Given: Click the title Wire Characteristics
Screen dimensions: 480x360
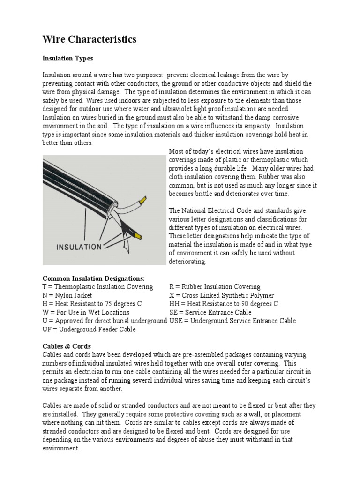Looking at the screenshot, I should (90, 39).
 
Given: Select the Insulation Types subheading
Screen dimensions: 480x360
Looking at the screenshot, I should (68, 59).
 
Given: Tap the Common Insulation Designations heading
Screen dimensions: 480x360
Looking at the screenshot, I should (94, 278).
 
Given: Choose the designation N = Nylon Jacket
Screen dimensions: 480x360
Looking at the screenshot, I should (67, 295).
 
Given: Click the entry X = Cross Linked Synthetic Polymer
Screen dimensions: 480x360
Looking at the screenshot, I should (221, 295).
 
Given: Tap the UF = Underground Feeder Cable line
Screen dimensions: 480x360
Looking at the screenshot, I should (89, 329).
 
